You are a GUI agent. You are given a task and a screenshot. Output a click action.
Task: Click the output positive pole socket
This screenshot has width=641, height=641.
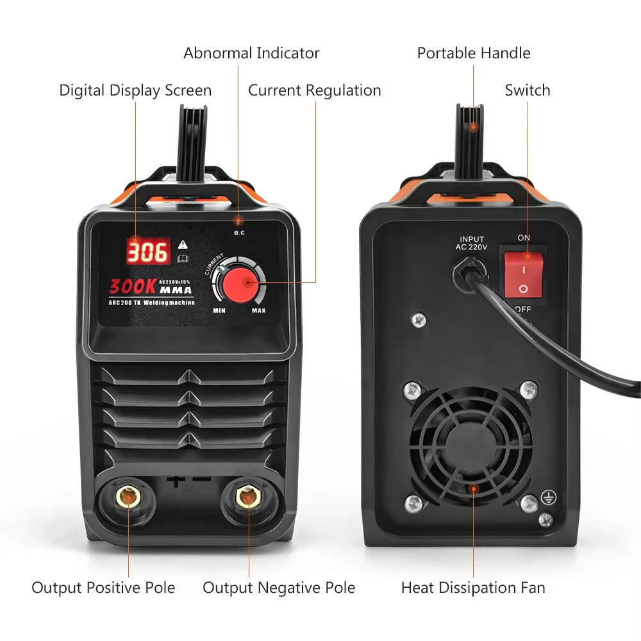pyautogui.click(x=128, y=497)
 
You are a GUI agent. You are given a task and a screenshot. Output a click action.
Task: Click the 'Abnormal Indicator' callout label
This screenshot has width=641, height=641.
pyautogui.click(x=251, y=53)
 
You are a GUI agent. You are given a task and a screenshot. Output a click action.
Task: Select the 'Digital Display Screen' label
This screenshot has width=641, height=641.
pyautogui.click(x=135, y=90)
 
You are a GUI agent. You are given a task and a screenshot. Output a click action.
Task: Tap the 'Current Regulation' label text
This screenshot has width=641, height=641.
pyautogui.click(x=314, y=90)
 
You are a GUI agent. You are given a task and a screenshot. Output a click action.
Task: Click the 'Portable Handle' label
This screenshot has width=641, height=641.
pyautogui.click(x=474, y=53)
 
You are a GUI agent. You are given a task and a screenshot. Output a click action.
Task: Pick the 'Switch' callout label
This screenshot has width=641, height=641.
pyautogui.click(x=527, y=90)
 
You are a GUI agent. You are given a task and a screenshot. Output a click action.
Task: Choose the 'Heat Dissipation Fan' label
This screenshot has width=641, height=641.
pyautogui.click(x=473, y=587)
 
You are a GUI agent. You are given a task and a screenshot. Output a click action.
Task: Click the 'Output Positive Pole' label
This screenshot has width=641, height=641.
pyautogui.click(x=103, y=587)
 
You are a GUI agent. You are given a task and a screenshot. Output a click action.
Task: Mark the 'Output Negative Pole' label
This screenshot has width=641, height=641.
pyautogui.click(x=279, y=587)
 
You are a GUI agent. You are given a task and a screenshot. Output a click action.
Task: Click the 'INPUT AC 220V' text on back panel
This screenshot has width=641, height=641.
pyautogui.click(x=472, y=244)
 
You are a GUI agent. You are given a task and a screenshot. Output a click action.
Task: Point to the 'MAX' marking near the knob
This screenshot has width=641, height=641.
pyautogui.click(x=258, y=311)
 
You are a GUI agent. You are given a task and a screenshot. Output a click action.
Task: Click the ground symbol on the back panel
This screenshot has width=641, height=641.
pyautogui.click(x=549, y=496)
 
